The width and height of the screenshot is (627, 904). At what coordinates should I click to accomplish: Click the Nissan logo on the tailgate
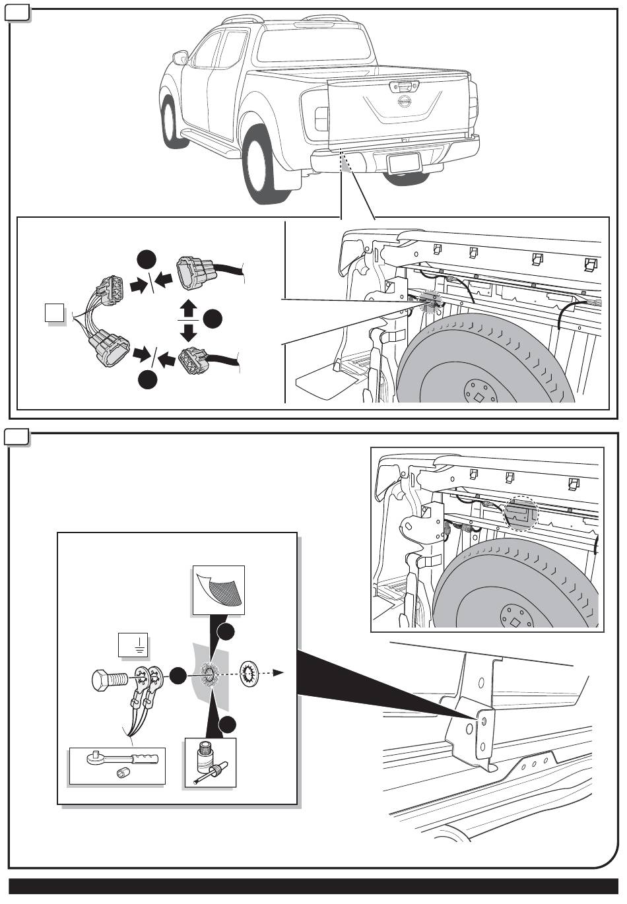coord(404,102)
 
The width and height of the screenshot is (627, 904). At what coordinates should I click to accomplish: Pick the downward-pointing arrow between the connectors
coord(189,331)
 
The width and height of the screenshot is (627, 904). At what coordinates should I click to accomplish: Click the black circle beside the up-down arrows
coord(213,320)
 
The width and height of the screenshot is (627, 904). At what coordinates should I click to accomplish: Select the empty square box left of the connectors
coord(55,313)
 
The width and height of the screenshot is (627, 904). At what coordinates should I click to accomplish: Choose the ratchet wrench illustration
coord(117,759)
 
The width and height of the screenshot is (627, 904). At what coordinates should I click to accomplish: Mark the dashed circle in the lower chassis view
coord(521,513)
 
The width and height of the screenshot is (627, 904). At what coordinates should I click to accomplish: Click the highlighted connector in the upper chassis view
coord(430,301)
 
